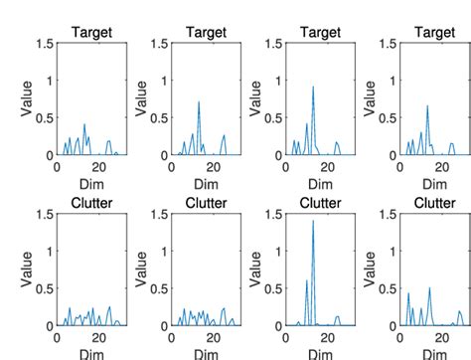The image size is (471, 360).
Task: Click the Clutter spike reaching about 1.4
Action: coord(313,221)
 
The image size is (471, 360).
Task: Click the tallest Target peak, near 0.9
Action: coord(313,87)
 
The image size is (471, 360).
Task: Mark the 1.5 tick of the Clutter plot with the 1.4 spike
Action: coord(269,214)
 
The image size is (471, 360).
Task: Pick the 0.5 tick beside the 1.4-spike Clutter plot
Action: coord(269,288)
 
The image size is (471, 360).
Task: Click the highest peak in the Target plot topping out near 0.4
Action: coord(85,125)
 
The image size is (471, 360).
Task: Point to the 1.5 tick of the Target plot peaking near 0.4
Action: coord(45,43)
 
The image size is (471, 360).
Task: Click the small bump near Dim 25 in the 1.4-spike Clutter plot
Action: coord(338,317)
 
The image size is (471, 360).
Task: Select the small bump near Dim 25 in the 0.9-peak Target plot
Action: coord(337,145)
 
